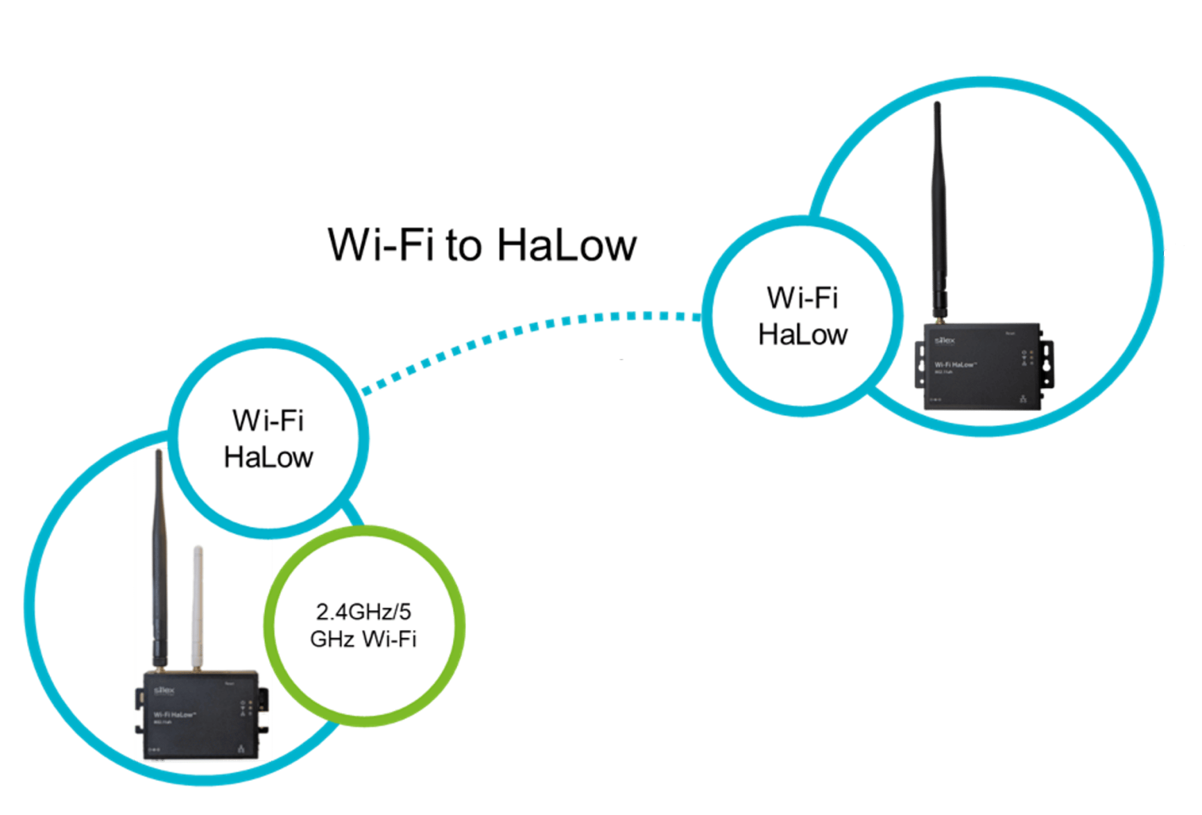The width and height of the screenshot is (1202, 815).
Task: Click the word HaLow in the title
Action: [x=566, y=245]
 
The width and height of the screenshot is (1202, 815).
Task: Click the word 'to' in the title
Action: [x=463, y=247]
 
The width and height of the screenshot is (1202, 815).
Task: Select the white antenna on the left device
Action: [x=198, y=606]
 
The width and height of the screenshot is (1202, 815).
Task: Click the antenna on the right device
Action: [x=939, y=208]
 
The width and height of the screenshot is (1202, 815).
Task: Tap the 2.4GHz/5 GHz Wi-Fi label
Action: [x=363, y=625]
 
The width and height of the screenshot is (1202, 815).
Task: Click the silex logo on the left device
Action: [x=165, y=690]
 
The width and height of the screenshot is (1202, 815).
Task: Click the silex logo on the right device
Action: [x=945, y=340]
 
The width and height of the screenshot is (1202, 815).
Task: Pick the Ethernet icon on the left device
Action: [x=241, y=748]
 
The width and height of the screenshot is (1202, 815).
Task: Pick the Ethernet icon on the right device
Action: [x=1023, y=398]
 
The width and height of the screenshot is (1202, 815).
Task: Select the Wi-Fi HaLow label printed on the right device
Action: [x=954, y=365]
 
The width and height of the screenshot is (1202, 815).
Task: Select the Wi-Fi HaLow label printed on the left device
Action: [x=174, y=715]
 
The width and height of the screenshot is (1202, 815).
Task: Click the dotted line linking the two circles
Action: [x=527, y=329]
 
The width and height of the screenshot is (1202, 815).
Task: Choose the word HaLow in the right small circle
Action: [x=802, y=335]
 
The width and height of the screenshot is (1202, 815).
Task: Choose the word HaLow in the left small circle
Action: [x=268, y=457]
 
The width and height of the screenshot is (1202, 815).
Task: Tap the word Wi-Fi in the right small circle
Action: [x=802, y=298]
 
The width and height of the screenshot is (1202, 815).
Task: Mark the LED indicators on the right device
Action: [x=1027, y=358]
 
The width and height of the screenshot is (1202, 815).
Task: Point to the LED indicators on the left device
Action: [x=246, y=708]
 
